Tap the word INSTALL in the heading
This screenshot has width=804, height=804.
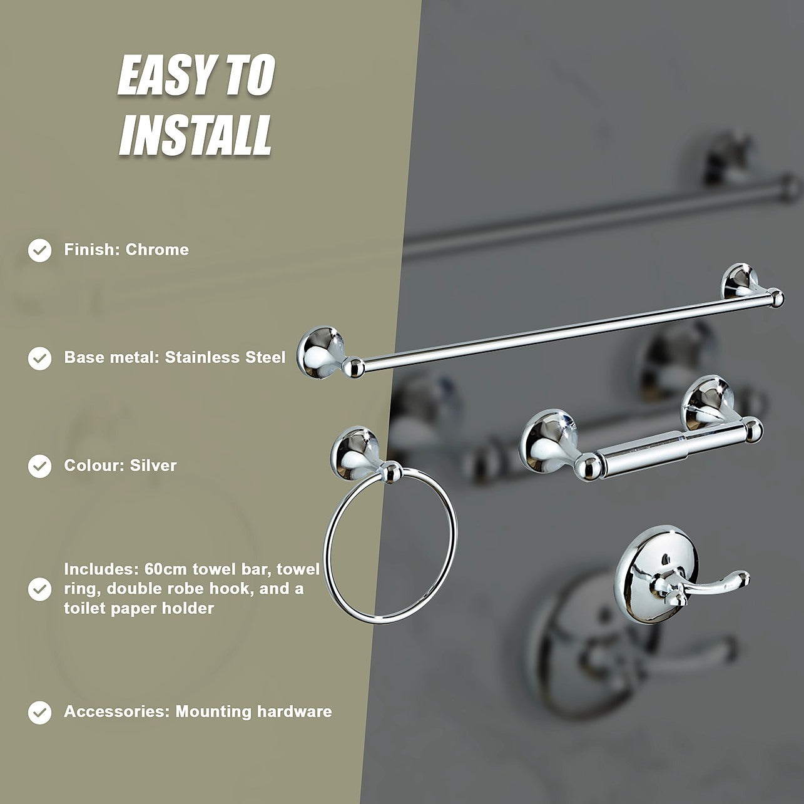click(x=195, y=136)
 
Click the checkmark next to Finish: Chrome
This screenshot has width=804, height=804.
click(x=39, y=250)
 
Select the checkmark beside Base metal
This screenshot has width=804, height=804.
click(x=39, y=359)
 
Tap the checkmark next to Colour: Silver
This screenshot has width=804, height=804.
click(x=39, y=466)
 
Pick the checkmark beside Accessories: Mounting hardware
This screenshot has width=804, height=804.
click(x=39, y=712)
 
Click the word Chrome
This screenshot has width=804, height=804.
click(x=157, y=250)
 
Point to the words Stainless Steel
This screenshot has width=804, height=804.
click(x=225, y=357)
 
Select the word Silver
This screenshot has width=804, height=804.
click(x=153, y=466)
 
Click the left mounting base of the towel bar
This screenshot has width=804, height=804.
click(x=320, y=349)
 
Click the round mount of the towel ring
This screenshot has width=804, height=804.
click(x=355, y=453)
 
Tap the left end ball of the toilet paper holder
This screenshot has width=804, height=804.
click(x=587, y=467)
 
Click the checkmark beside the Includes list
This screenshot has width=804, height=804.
click(x=39, y=589)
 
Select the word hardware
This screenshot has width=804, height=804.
click(x=293, y=711)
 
